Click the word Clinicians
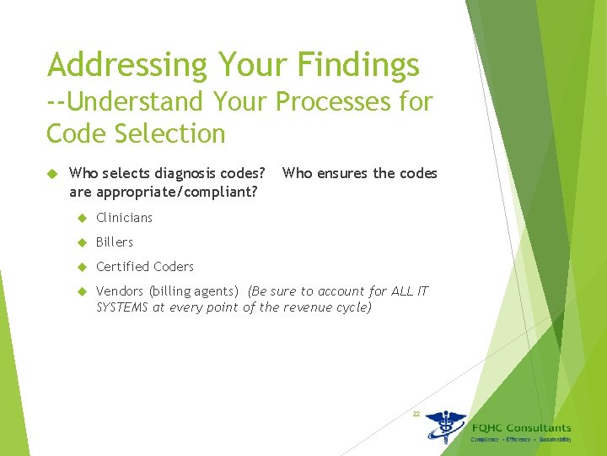[124, 218]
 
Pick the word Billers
[115, 242]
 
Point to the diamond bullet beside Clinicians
[83, 218]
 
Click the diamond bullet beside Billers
[83, 242]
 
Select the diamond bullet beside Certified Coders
[83, 267]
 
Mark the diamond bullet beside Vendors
[83, 291]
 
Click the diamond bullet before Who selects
[51, 174]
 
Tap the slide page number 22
[416, 414]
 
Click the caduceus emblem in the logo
[444, 426]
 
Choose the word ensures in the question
[343, 174]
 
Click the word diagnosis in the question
[171, 174]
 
